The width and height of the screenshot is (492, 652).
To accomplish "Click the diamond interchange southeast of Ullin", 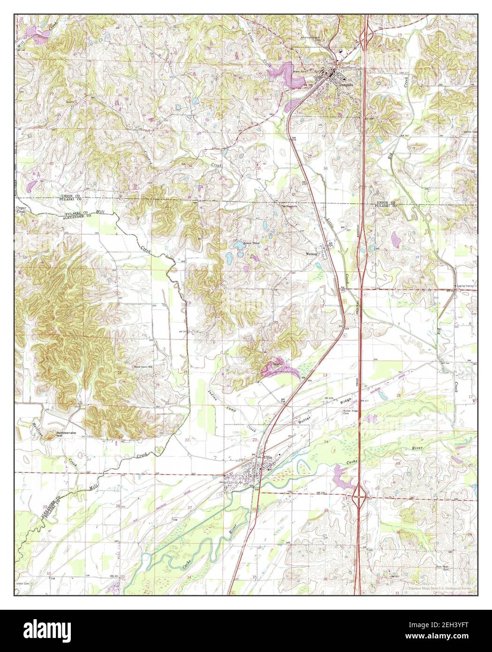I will click(359, 493).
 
